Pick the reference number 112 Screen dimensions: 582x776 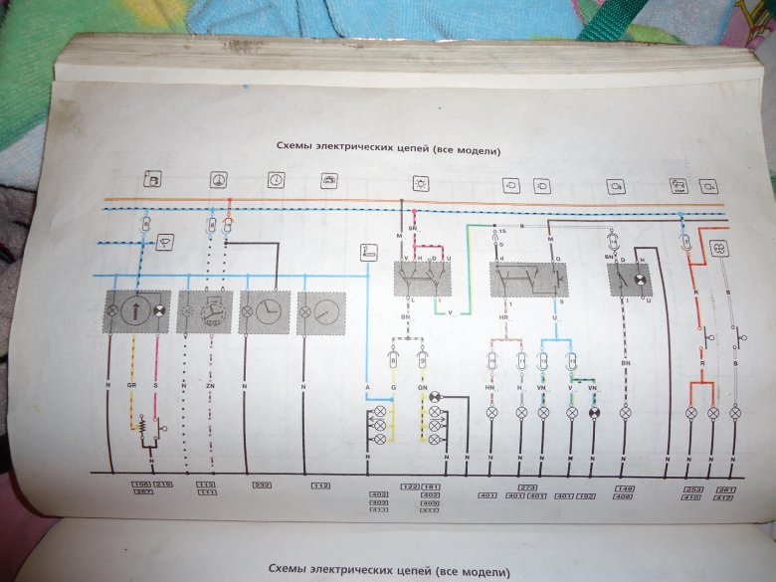[320, 485]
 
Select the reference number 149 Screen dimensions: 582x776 [625, 487]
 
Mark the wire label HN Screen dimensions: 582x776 [490, 386]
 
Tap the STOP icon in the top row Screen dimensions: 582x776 [681, 185]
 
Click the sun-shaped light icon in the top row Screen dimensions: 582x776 [422, 183]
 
